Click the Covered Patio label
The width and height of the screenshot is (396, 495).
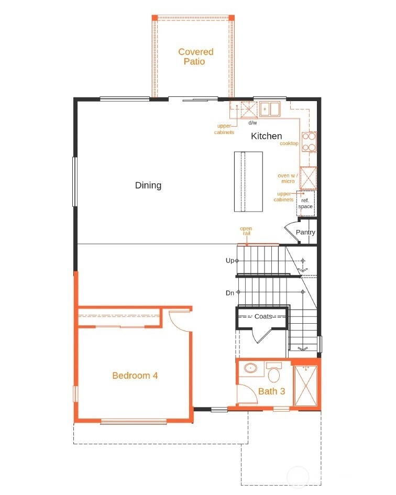coord(196,57)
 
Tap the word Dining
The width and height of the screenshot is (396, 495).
coord(148,185)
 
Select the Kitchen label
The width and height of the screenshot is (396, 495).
coord(266,136)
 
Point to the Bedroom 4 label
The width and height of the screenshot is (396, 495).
coord(135,376)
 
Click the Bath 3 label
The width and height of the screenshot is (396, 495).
coord(271,391)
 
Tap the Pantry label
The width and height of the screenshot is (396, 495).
coord(305,233)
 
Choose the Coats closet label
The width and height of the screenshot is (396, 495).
coord(263,316)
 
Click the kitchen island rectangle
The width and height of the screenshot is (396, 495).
coord(248,182)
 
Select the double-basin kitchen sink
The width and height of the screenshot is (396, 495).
coord(270,109)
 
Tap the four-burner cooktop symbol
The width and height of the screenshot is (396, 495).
coord(309,142)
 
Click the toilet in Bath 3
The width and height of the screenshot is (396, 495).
coord(274,372)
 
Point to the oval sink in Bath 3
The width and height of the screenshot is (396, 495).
coord(251,368)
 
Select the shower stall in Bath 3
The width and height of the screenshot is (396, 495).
coord(305,386)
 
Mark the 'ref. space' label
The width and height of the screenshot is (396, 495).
coord(305,203)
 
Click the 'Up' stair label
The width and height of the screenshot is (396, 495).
coord(230,260)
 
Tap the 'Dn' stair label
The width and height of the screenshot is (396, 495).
coord(230,293)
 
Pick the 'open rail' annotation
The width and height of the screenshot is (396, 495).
coord(246,231)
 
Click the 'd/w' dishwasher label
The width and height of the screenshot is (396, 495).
coord(252,123)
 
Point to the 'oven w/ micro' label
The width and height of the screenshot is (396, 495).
coord(288,179)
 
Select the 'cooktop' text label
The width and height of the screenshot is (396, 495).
coord(289,144)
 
